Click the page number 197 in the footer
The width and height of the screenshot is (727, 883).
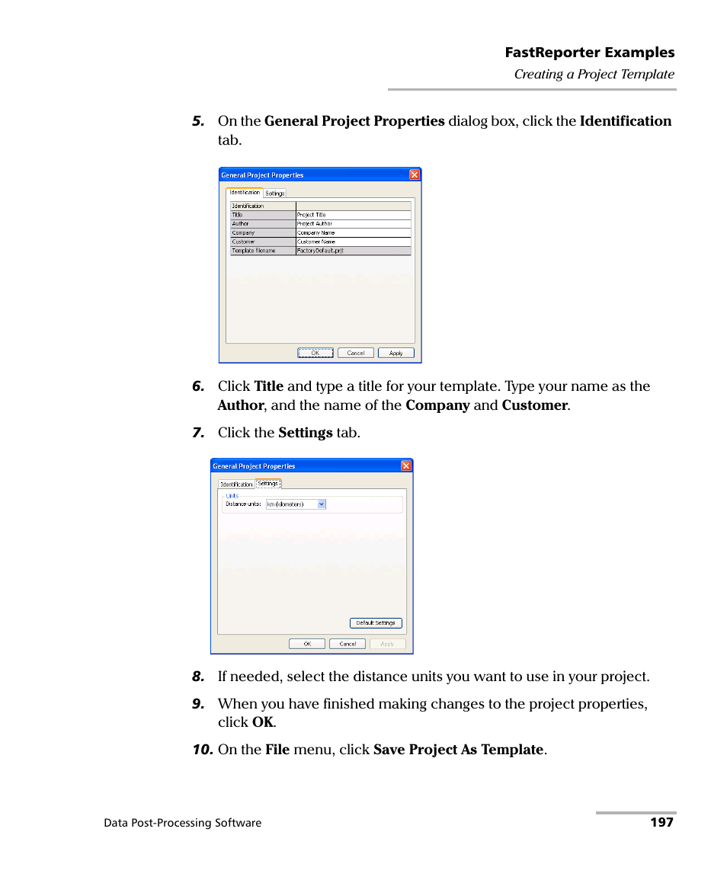click(x=661, y=822)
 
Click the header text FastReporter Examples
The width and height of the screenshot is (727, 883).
click(x=589, y=53)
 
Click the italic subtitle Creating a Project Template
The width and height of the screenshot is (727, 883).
click(x=594, y=74)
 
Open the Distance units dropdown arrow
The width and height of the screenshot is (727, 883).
click(x=322, y=504)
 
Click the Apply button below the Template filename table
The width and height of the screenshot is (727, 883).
click(x=396, y=353)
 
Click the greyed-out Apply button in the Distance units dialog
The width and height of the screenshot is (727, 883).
click(x=387, y=644)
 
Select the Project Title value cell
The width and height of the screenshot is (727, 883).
click(x=353, y=215)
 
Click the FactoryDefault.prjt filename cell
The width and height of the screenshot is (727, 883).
click(x=353, y=251)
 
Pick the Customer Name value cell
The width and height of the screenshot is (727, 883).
click(x=353, y=242)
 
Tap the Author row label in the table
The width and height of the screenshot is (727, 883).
click(x=262, y=224)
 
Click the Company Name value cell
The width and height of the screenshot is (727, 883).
click(x=353, y=232)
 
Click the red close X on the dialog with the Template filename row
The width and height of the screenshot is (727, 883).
click(x=415, y=174)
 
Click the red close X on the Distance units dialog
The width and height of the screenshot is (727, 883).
click(x=406, y=465)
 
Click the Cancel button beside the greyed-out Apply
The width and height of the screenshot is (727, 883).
click(x=347, y=644)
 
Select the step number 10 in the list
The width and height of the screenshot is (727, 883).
click(x=202, y=750)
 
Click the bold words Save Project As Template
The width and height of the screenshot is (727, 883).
click(x=458, y=750)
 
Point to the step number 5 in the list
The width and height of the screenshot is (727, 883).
click(x=198, y=121)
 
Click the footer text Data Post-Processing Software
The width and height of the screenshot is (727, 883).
click(x=182, y=823)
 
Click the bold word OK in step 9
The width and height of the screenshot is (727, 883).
click(x=262, y=722)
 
